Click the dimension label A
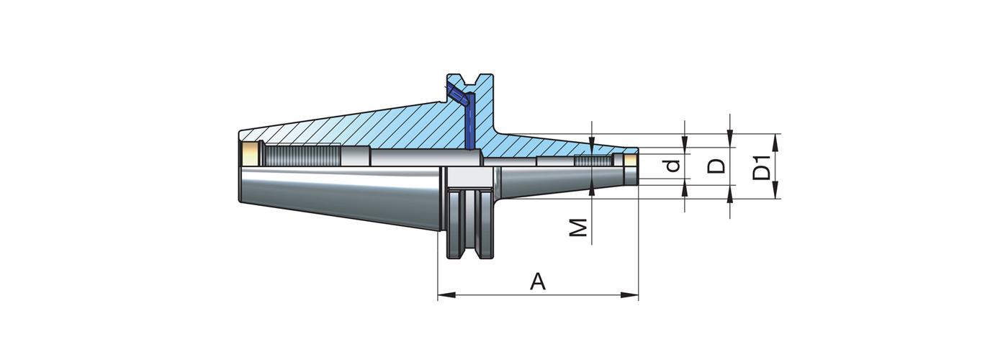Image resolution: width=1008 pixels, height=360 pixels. [537, 282]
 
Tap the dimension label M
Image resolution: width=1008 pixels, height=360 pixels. [579, 228]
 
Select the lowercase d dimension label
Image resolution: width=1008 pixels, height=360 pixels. [672, 166]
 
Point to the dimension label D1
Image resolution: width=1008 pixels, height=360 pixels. [761, 167]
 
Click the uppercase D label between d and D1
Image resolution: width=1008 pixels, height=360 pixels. [716, 166]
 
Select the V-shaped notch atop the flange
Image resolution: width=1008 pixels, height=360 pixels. [472, 81]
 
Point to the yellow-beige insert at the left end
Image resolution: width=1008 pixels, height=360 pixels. [249, 153]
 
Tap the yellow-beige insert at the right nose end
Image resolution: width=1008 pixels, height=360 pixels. [631, 159]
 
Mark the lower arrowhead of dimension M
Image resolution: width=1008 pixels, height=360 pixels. [592, 189]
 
